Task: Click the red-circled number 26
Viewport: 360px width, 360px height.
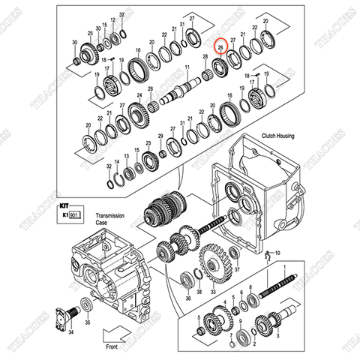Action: point(220,46)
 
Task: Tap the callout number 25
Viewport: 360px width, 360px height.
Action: point(91,34)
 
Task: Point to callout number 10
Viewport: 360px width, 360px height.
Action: point(277,253)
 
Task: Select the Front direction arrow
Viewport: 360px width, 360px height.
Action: point(115,331)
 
